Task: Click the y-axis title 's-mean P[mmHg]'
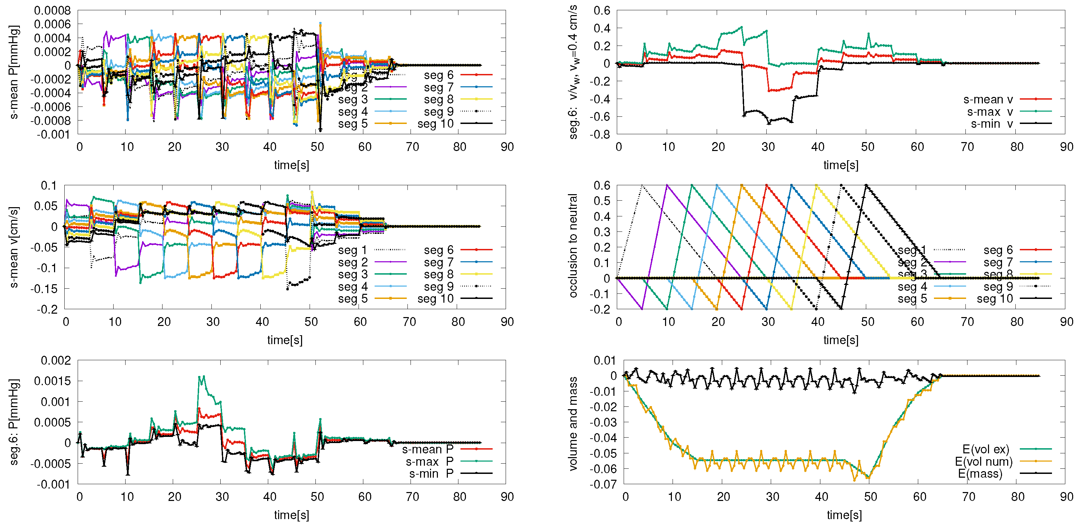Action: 14,72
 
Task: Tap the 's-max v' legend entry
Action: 990,112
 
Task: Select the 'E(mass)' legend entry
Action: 980,474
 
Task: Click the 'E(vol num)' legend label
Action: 984,462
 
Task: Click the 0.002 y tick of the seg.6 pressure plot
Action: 56,361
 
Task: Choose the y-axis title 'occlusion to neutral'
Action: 573,246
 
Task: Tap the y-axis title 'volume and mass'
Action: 573,424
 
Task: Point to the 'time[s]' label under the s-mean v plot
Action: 285,340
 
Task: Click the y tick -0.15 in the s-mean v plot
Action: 43,289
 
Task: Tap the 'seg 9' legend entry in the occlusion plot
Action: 998,287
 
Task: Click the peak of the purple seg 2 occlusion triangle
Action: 667,185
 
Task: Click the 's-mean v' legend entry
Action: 988,100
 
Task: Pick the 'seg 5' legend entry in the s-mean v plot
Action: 353,299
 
